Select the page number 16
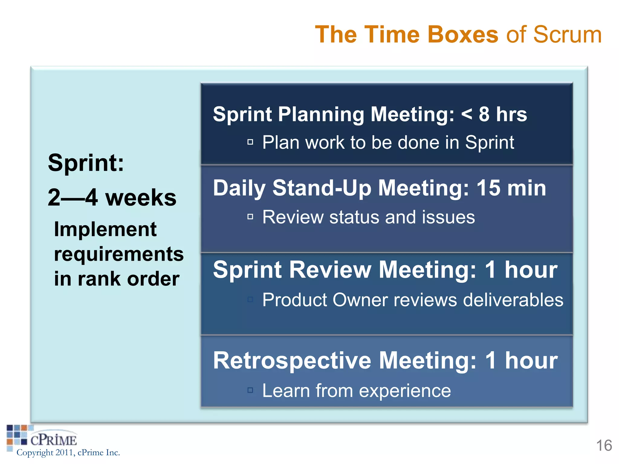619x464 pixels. pyautogui.click(x=604, y=446)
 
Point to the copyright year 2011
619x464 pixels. pyautogui.click(x=64, y=453)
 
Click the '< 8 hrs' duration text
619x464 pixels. pyautogui.click(x=494, y=114)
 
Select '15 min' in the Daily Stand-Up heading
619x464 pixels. pyautogui.click(x=511, y=188)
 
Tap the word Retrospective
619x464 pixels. pyautogui.click(x=292, y=361)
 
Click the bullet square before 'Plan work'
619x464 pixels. pyautogui.click(x=250, y=142)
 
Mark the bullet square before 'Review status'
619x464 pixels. pyautogui.click(x=250, y=217)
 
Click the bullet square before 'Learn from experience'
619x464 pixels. pyautogui.click(x=250, y=390)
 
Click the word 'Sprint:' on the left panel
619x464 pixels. pyautogui.click(x=86, y=163)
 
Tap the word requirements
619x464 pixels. pyautogui.click(x=119, y=254)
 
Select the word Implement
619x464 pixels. pyautogui.click(x=105, y=230)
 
